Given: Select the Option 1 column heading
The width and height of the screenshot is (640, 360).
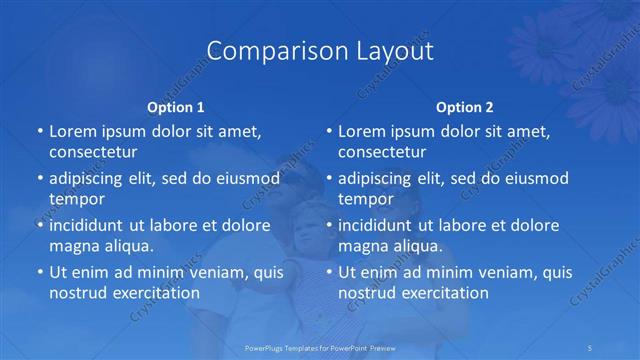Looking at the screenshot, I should click(176, 106).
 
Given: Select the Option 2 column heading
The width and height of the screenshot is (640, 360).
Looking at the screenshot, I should click(465, 106).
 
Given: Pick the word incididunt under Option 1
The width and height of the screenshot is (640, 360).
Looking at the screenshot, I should click(92, 225).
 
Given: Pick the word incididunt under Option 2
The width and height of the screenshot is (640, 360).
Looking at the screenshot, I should click(381, 225).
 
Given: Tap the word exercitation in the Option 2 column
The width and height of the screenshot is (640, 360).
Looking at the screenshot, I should click(443, 293).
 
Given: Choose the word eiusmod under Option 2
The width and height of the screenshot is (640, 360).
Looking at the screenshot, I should click(534, 179).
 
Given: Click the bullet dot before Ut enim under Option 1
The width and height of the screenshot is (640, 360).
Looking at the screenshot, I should click(40, 272).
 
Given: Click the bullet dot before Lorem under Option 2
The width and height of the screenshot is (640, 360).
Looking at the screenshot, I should click(329, 131).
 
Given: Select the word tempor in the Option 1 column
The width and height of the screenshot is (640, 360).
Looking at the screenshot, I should click(75, 199).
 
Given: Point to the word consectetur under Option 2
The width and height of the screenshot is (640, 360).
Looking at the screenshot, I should click(382, 152).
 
